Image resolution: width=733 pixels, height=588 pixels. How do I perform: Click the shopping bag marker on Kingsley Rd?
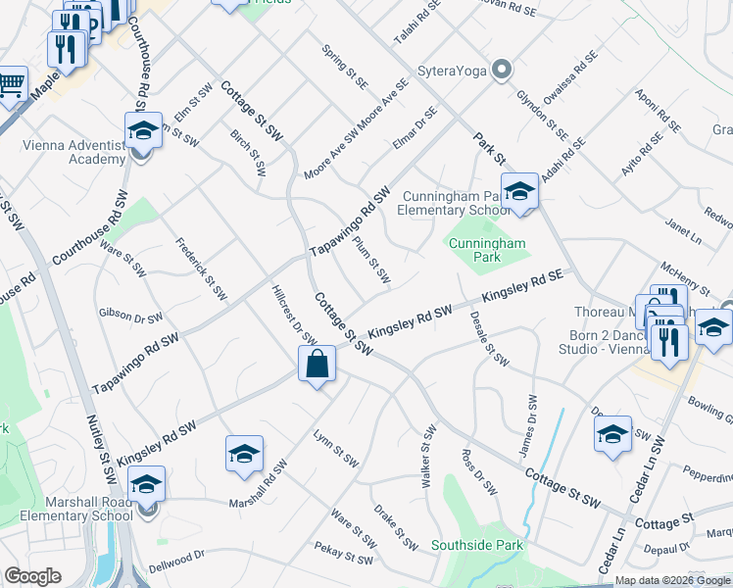pyautogui.click(x=318, y=367)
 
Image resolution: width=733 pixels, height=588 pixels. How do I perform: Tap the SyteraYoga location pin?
pyautogui.click(x=503, y=70)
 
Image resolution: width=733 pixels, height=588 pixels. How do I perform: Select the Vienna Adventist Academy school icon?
pyautogui.click(x=143, y=130)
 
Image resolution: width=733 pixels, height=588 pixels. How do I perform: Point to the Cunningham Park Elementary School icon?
pyautogui.click(x=519, y=189)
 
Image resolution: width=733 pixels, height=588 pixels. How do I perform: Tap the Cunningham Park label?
pyautogui.click(x=487, y=250)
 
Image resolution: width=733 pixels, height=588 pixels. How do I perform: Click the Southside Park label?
pyautogui.click(x=480, y=545)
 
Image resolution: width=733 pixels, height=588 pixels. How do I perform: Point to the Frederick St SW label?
pyautogui.click(x=203, y=269)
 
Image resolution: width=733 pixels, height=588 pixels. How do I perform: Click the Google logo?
pyautogui.click(x=33, y=576)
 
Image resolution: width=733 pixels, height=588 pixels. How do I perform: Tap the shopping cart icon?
pyautogui.click(x=12, y=84)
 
